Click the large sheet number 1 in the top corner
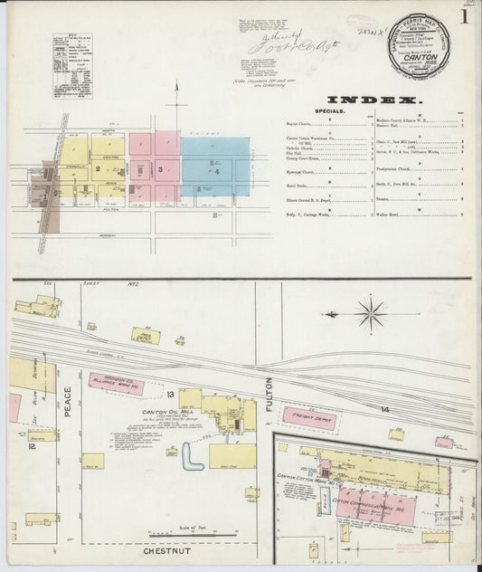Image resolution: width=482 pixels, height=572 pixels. click(464, 15)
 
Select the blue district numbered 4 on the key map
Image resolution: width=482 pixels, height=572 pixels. click(215, 169)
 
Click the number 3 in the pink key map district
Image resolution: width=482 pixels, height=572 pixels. click(160, 168)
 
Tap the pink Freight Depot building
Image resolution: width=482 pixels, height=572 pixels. click(308, 416)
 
